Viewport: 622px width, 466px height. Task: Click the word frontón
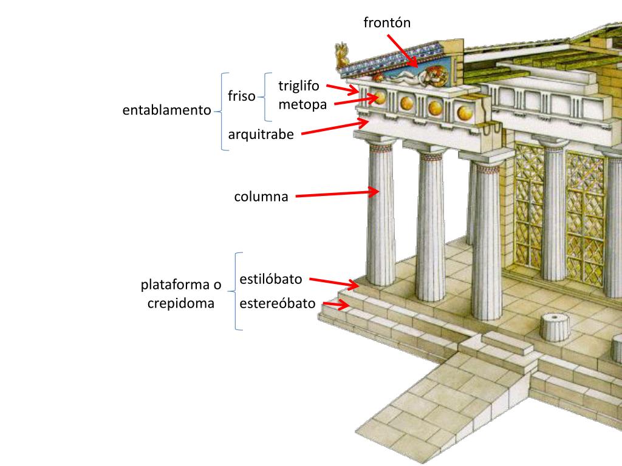coord(387,23)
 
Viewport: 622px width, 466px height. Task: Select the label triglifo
coord(298,86)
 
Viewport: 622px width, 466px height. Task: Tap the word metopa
coord(302,104)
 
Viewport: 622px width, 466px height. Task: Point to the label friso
coord(242,96)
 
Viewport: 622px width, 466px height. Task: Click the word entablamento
coord(166,110)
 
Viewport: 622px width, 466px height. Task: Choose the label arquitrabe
coord(261,134)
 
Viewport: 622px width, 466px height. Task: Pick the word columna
coord(261,197)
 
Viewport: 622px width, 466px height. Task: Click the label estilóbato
coord(270,280)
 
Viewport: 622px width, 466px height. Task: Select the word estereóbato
coord(278,303)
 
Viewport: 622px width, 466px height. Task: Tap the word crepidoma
coord(180,303)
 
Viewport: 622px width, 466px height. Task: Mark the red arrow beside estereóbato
coord(336,305)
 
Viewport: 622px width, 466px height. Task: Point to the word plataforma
coord(180,285)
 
